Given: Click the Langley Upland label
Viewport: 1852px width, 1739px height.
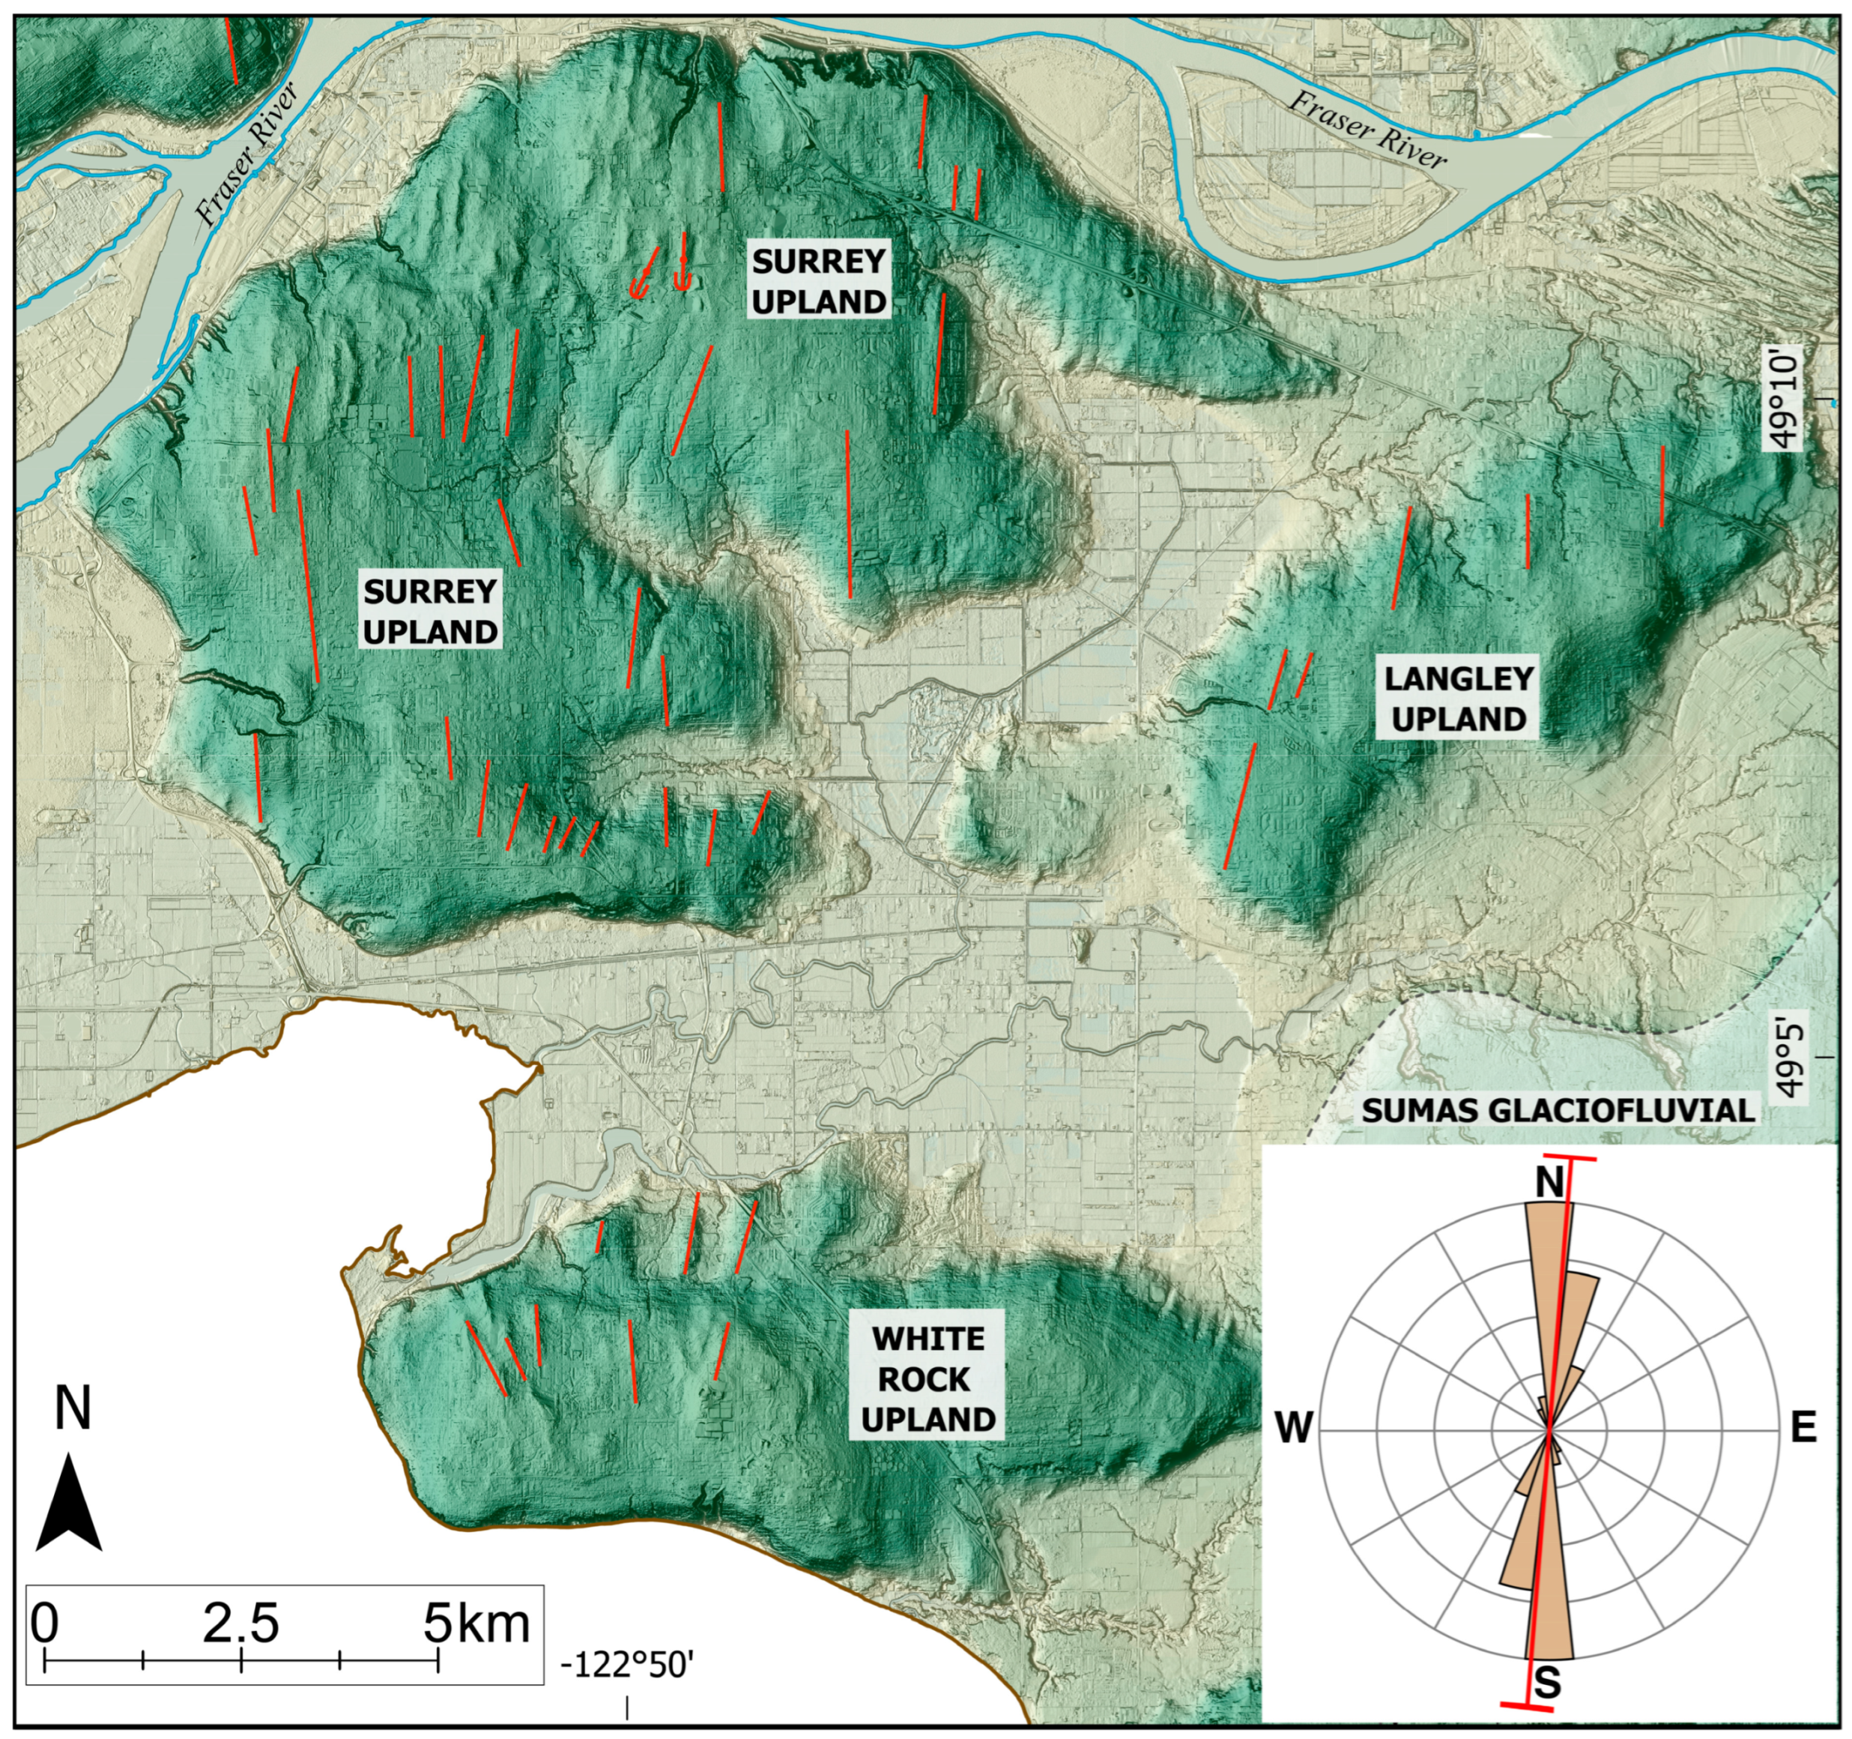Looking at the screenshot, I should coord(1458,699).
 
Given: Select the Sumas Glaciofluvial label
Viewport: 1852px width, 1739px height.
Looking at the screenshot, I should coord(1558,1110).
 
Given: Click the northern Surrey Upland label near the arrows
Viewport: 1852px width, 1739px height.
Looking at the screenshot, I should coord(819,281).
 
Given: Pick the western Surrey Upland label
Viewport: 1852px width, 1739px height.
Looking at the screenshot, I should coord(429,612).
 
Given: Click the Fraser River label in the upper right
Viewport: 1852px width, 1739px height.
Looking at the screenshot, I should coord(1367,130).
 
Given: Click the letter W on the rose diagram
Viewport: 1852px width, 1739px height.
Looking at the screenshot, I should coord(1294,1426).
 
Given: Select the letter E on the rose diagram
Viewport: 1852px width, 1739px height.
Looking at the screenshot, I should coord(1803,1426).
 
